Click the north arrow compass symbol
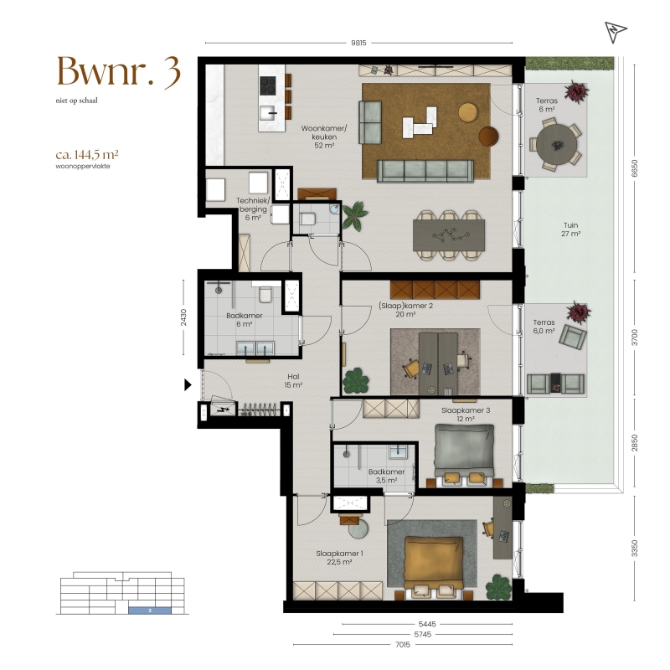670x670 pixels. [615, 32]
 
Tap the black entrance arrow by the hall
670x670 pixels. [188, 385]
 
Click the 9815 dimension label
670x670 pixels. [358, 43]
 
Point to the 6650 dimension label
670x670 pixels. [635, 168]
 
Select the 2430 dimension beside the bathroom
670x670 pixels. [183, 317]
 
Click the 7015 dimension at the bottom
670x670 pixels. [403, 644]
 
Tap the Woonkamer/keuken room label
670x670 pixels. [324, 137]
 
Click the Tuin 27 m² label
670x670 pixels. [571, 229]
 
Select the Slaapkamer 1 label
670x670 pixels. [340, 554]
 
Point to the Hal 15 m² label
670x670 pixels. [293, 380]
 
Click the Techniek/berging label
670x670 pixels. [253, 204]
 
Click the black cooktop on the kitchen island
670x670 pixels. [268, 85]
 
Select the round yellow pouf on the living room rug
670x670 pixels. [468, 112]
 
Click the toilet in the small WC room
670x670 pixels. [307, 219]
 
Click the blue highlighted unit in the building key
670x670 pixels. [150, 611]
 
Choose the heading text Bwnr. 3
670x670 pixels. [119, 71]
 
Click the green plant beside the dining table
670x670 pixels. [354, 216]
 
